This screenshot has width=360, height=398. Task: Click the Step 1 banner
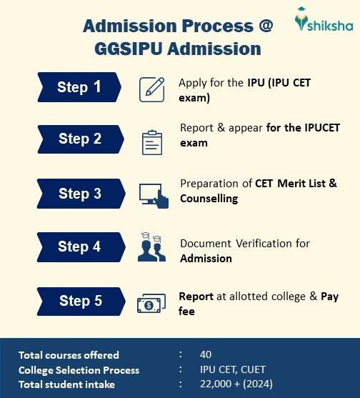[x=80, y=87]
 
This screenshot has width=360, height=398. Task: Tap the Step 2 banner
[x=80, y=139]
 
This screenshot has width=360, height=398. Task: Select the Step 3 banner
[x=80, y=194]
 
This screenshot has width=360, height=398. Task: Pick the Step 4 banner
[x=80, y=247]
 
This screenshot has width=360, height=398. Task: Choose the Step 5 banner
[x=80, y=301]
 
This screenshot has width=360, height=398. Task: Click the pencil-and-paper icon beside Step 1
[x=154, y=88]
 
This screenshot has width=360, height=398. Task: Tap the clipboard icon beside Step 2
[x=153, y=141]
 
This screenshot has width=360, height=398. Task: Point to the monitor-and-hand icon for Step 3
[x=154, y=194]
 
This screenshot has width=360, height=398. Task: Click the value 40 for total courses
[x=206, y=354]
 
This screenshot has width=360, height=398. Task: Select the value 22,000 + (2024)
[x=234, y=384]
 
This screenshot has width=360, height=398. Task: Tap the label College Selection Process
[x=79, y=370]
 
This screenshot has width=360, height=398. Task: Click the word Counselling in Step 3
[x=209, y=199]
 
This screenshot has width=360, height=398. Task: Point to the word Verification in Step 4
[x=253, y=243]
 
